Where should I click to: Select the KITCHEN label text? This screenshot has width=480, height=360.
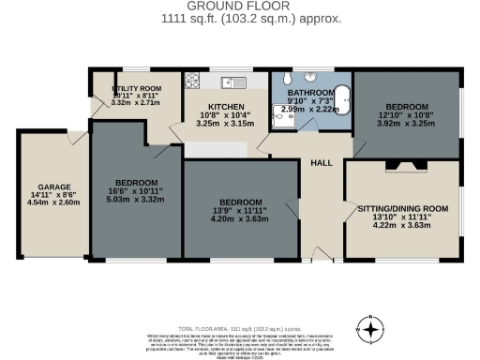(226, 107)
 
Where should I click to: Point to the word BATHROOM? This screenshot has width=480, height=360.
(309, 94)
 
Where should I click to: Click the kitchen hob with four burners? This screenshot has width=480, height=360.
(195, 81)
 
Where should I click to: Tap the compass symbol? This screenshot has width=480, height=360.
(372, 329)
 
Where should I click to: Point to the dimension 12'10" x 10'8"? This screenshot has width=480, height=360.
(406, 113)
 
